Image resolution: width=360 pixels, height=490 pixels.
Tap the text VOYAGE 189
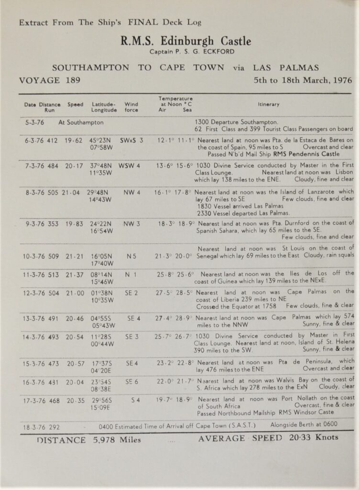pyautogui.click(x=50, y=80)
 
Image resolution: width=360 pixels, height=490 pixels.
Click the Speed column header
pyautogui.click(x=75, y=104)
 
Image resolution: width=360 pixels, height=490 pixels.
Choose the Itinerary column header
pyautogui.click(x=269, y=104)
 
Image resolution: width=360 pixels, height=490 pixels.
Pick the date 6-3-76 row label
pyautogui.click(x=35, y=141)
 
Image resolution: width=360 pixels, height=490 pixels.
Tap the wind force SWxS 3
pyautogui.click(x=131, y=141)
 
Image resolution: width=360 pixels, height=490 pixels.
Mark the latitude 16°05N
pyautogui.click(x=101, y=256)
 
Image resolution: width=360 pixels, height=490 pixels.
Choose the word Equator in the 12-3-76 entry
pyautogui.click(x=247, y=305)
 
